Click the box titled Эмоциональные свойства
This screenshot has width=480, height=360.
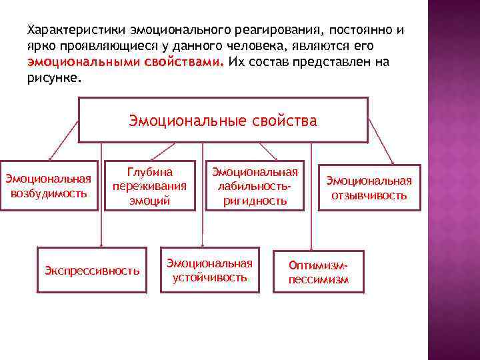pos(223,121)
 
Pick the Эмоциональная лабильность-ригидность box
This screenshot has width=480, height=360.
pos(254,186)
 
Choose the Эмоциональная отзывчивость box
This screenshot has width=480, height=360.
pos(369,188)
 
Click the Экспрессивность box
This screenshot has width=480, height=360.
pos(92,270)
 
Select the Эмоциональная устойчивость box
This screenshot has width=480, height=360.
pos(209,269)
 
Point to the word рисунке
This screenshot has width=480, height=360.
pos(53,77)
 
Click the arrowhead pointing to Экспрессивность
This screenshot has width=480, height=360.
pos(101,245)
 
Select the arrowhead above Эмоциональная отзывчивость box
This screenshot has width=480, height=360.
pos(392,161)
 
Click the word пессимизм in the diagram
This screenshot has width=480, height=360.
pos(318,280)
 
